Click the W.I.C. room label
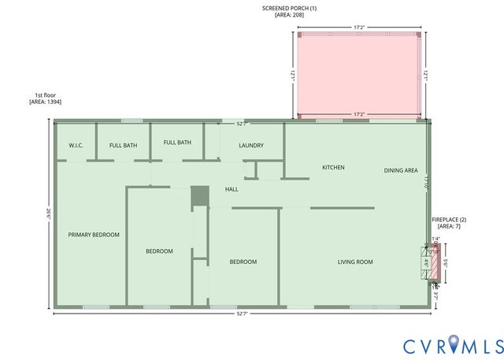click(x=76, y=145)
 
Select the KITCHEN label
click(x=333, y=167)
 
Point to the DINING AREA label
click(x=400, y=170)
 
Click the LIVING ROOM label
click(x=355, y=262)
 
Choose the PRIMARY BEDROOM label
click(x=94, y=235)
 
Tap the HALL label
click(x=232, y=189)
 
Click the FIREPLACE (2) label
click(x=449, y=219)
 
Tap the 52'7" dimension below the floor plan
click(x=242, y=314)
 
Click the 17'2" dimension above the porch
click(x=359, y=28)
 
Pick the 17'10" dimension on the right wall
click(x=424, y=180)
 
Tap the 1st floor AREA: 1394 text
click(x=45, y=102)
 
